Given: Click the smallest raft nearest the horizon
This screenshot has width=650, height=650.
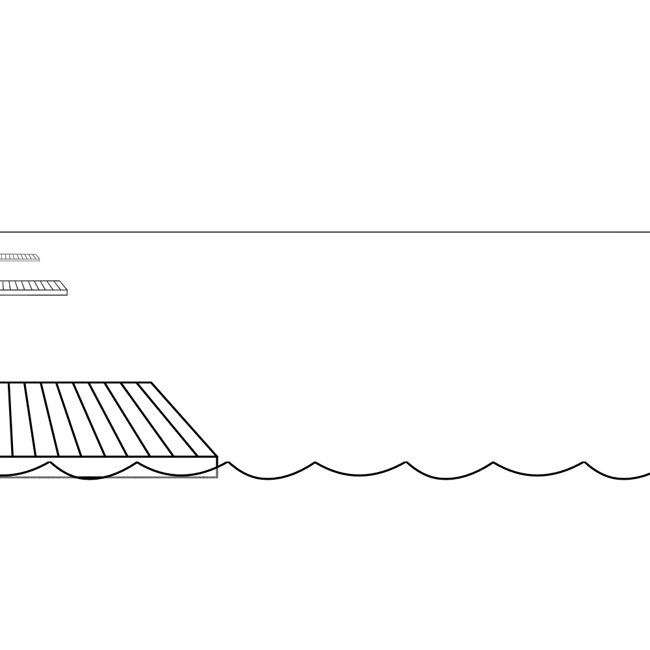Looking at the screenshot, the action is coord(19,257).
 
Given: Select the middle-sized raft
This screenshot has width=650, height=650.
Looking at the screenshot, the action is coord(32,287).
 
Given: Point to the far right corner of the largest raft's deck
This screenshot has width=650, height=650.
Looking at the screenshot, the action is coord(151,383).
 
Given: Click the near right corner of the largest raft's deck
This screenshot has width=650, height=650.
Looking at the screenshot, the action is coord(216,457).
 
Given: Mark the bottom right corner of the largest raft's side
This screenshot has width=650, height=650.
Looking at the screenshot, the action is coord(216,477).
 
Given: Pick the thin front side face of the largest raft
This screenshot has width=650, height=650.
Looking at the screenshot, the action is coord(110,467).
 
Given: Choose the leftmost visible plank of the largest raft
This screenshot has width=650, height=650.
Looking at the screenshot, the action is coord(4,419).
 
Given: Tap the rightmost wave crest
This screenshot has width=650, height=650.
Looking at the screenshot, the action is coord(584,462).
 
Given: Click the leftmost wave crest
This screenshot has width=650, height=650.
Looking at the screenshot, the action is coord(49,462).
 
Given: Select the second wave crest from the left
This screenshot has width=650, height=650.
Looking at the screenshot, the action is coord(137,462).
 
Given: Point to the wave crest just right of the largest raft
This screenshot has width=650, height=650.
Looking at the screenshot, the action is coord(227,462).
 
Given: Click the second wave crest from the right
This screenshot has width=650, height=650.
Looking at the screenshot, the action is coord(493,462).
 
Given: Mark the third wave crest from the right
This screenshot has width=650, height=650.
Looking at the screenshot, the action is coord(406,462).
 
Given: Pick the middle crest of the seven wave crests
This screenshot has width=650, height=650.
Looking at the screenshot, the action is coord(315,462).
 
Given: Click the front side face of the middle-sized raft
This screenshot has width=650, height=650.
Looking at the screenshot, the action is coord(32,292).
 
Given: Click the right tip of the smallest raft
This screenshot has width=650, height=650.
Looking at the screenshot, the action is coord(39,259).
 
